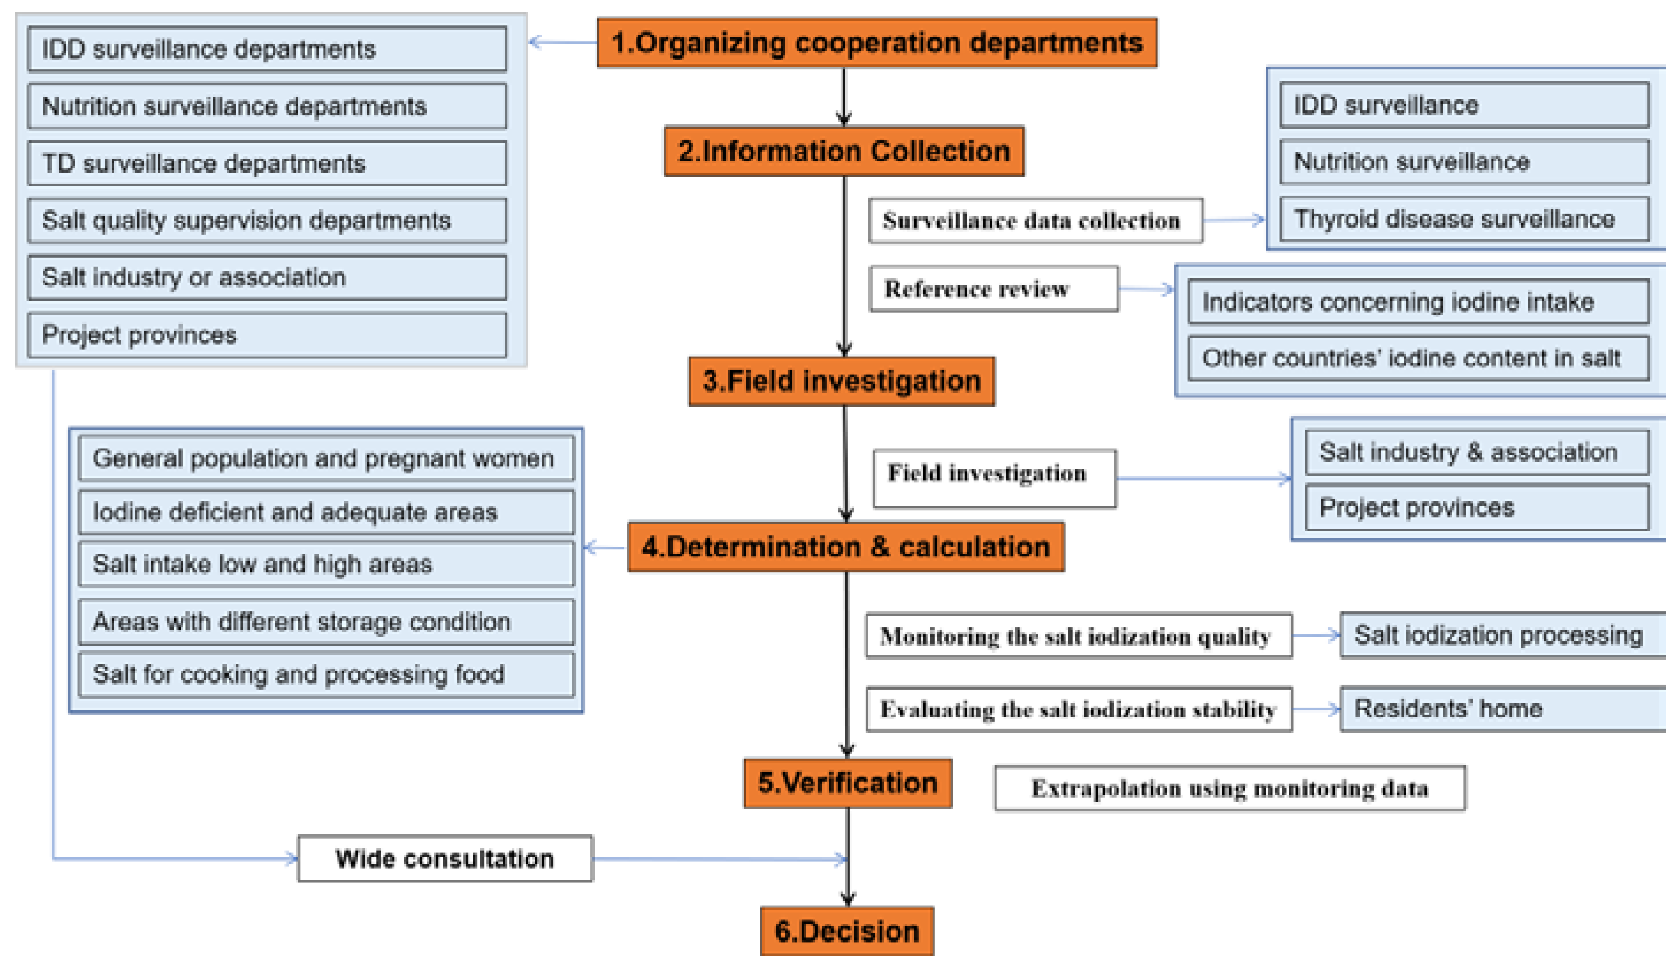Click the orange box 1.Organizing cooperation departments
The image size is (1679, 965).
(877, 43)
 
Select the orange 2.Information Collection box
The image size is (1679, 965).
(844, 151)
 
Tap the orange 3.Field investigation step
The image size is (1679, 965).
(841, 382)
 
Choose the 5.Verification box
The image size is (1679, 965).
(848, 783)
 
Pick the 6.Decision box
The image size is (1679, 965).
(847, 932)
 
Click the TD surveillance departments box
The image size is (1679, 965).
(267, 164)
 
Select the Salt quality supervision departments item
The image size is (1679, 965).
(267, 221)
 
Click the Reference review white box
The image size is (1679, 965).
(993, 289)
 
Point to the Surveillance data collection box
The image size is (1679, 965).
(1035, 221)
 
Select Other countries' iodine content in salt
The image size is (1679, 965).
(1418, 358)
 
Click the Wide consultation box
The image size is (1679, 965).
(444, 859)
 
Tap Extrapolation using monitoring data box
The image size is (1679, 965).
(1230, 788)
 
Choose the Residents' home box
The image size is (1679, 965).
(1502, 709)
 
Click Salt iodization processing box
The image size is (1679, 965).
(1502, 635)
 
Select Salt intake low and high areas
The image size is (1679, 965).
(326, 565)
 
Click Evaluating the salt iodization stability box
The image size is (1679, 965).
(1078, 710)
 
